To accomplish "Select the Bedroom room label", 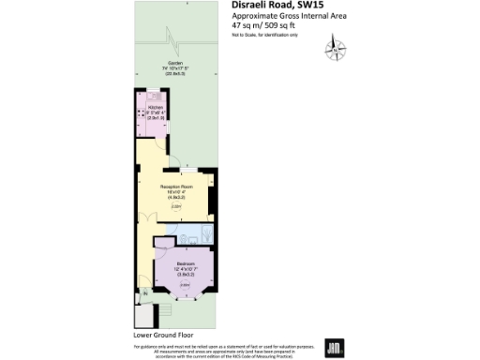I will tap(185, 263).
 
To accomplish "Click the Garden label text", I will tap(175, 65).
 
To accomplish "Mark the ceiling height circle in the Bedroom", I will tap(184, 283).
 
